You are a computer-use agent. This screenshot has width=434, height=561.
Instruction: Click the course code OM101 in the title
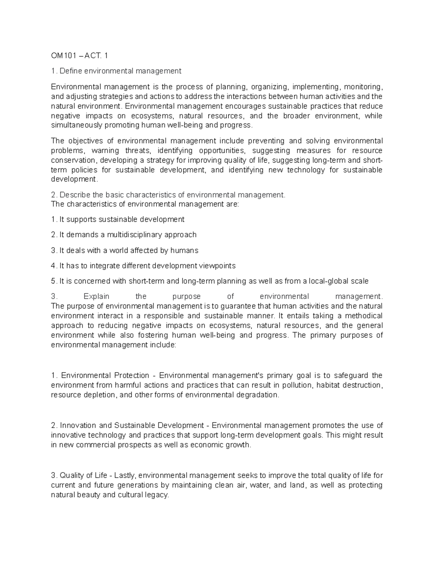pos(62,56)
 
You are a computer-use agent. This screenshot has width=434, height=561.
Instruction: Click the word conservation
pos(73,160)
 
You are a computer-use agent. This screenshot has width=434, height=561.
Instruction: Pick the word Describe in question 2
pos(75,195)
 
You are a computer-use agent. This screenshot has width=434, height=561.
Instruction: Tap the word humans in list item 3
pos(186,250)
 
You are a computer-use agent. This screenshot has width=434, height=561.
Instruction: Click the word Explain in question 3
pos(96,297)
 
